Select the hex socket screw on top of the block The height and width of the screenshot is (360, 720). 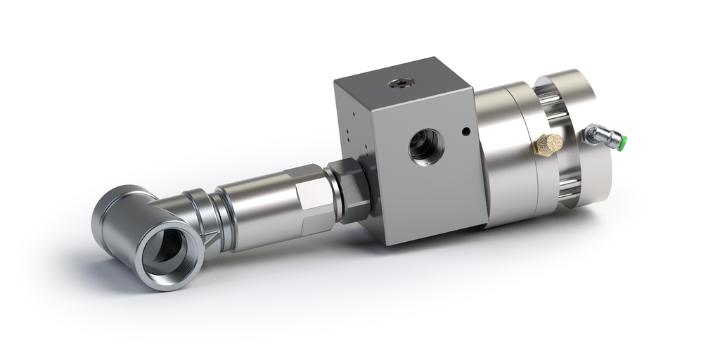(x=399, y=84)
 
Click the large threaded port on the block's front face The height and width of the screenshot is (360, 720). (x=426, y=146)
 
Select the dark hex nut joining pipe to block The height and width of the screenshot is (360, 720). (x=352, y=188)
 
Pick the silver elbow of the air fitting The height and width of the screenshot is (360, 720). (x=594, y=134)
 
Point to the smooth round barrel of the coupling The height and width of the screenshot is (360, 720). (x=257, y=211)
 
